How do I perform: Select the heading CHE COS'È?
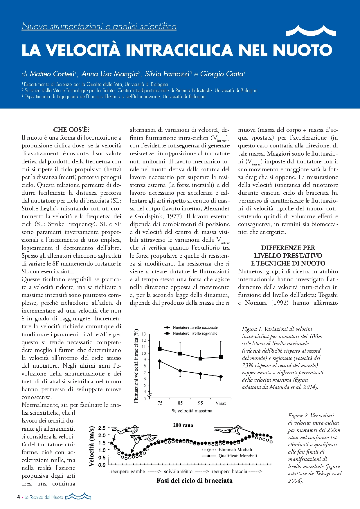(71, 130)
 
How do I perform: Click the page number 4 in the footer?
(19, 497)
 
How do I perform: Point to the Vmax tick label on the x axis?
(221, 403)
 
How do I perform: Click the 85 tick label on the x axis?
(180, 403)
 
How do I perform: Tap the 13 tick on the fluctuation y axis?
(144, 334)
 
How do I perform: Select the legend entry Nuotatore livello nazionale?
(195, 327)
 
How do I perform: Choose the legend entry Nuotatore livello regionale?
(195, 333)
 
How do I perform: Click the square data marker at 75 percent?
(160, 349)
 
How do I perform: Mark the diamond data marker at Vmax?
(221, 377)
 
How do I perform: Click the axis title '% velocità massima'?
(192, 411)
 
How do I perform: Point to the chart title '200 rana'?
(183, 425)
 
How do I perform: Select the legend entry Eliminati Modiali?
(235, 450)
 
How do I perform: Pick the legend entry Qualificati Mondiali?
(237, 456)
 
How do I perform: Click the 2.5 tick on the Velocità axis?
(102, 428)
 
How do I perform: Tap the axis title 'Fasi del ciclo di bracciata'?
(195, 481)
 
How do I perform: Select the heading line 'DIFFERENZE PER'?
(288, 248)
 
